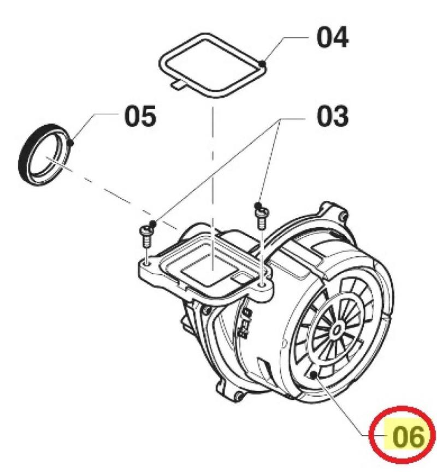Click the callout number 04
coord(332,37)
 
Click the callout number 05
coord(140,116)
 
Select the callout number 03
coord(333,116)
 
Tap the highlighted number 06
coord(409,436)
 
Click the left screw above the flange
coord(146,237)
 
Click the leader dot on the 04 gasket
coord(263,63)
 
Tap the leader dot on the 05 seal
coord(71,143)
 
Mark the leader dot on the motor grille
coord(314,375)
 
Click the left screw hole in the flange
coord(146,264)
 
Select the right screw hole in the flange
coord(263,284)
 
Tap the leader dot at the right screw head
coord(257,205)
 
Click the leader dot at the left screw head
coord(153,223)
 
